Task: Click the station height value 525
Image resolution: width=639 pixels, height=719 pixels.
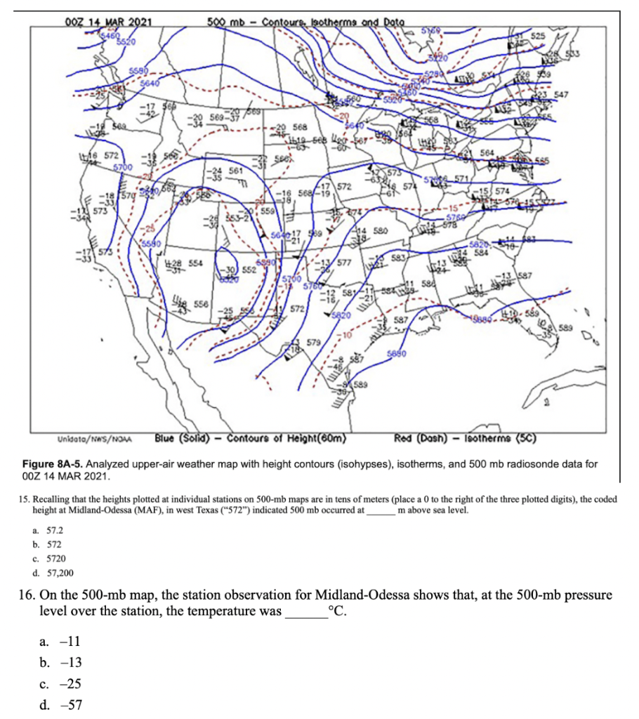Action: [x=537, y=35]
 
